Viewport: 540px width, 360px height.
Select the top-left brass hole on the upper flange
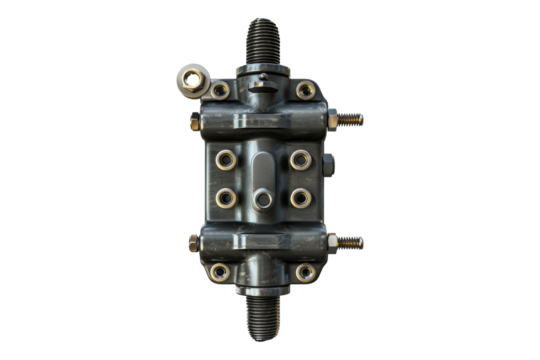[x=220, y=90]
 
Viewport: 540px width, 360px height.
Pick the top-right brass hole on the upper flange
[x=307, y=90]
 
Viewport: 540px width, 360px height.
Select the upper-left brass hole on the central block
[x=225, y=159]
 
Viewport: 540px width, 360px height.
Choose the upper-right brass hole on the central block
[x=300, y=159]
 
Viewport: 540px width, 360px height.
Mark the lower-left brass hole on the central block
[x=225, y=197]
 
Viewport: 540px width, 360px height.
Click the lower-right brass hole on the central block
[x=300, y=197]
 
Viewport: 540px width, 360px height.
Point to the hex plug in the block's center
[x=262, y=199]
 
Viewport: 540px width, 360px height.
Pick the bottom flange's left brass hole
[x=219, y=271]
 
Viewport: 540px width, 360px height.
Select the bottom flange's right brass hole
[x=305, y=271]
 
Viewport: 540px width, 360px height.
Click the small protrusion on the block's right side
[x=325, y=163]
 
